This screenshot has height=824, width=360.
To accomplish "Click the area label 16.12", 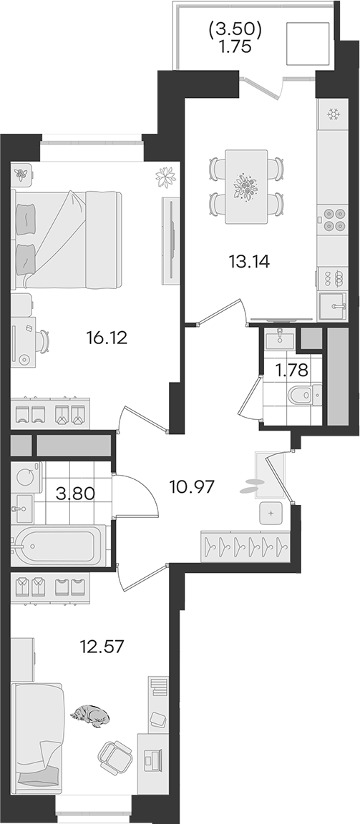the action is pos(107,338).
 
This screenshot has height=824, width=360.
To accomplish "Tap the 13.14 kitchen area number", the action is pos(248,261).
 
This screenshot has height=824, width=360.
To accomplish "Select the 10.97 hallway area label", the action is pos(193,487).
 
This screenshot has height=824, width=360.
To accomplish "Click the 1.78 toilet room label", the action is pos(292,371).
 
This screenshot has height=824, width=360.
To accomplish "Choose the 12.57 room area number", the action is pos(102,647).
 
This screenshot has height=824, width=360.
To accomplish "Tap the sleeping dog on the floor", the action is pos(91,716).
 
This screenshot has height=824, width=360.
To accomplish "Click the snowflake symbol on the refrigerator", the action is pos(333,114).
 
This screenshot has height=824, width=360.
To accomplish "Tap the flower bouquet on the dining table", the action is pos(246,187).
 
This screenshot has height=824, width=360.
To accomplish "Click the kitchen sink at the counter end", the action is pos(333,305).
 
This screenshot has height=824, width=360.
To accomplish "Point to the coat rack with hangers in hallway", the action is pos(245,546).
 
